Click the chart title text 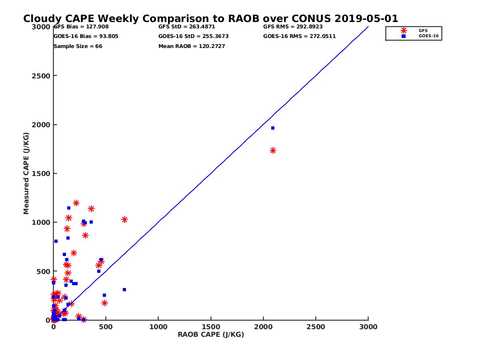click(x=210, y=19)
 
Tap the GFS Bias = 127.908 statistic click(x=81, y=27)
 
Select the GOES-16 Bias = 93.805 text click(x=86, y=36)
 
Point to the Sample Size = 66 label click(x=78, y=46)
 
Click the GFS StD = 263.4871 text click(x=187, y=27)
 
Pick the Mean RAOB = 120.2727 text click(x=192, y=46)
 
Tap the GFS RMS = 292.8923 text click(x=293, y=27)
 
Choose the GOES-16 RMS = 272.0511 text click(x=299, y=36)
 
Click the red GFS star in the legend click(x=404, y=30)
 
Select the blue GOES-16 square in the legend click(x=404, y=36)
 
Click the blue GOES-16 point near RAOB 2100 click(x=273, y=128)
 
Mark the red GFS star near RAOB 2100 click(x=273, y=150)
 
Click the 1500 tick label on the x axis click(x=211, y=327)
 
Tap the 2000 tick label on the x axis click(x=264, y=327)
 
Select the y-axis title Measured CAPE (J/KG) click(x=26, y=173)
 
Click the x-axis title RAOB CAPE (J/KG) click(x=211, y=335)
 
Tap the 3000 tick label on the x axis click(x=368, y=327)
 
